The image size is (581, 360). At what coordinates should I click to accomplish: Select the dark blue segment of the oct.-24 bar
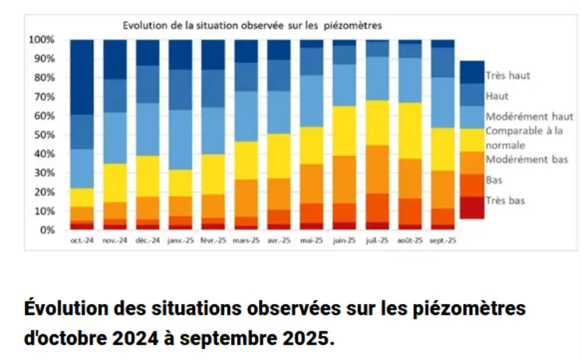[82, 76]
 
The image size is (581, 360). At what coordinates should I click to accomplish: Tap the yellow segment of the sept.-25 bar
[443, 149]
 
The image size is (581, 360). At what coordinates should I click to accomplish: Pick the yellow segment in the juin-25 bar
[345, 131]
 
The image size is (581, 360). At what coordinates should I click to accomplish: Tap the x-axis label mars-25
[247, 242]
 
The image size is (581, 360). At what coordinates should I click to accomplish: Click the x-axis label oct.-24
[82, 242]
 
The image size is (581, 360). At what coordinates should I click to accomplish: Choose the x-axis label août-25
[411, 242]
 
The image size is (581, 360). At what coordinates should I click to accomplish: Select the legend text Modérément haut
[530, 117]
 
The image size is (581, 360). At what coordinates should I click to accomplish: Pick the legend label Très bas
[505, 201]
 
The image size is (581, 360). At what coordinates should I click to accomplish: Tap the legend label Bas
[493, 180]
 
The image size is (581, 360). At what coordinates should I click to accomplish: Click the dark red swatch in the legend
[471, 207]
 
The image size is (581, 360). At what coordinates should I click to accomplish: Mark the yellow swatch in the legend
[471, 139]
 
